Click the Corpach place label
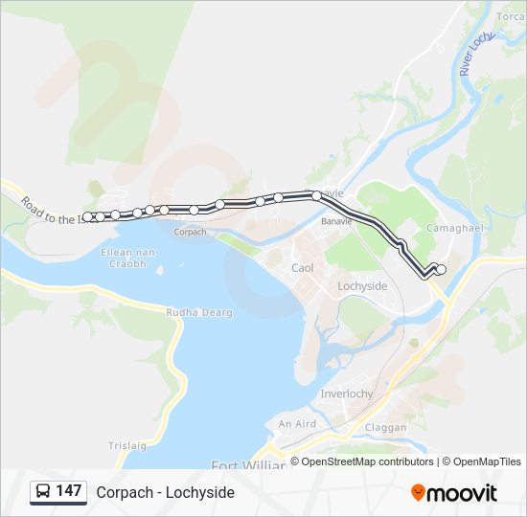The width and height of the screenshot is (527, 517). pos(191,232)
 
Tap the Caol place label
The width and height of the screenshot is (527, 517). pos(303,268)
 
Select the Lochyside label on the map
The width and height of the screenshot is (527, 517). pos(363,286)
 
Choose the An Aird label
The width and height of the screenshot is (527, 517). pos(297,424)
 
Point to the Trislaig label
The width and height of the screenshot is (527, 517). pos(127,446)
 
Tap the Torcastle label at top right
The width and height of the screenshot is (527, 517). pos(511,16)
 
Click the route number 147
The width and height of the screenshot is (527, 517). pos(69,491)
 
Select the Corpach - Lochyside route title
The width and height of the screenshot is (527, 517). pos(165,492)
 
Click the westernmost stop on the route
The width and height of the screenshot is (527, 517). pos(88,217)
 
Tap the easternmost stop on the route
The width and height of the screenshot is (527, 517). pos(441,270)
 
